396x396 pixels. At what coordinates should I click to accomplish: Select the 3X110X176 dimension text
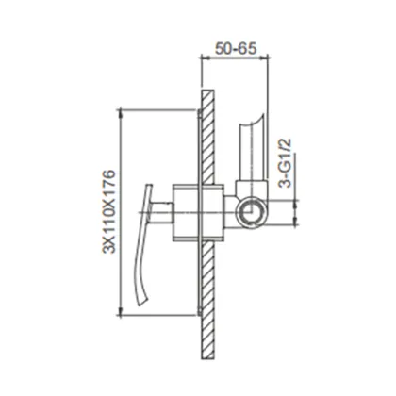pyautogui.click(x=106, y=208)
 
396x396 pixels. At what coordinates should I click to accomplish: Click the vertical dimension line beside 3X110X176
pyautogui.click(x=121, y=208)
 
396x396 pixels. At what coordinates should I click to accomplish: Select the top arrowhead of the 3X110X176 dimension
pyautogui.click(x=121, y=107)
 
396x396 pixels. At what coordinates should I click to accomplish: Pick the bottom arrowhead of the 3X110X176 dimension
pyautogui.click(x=121, y=310)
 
